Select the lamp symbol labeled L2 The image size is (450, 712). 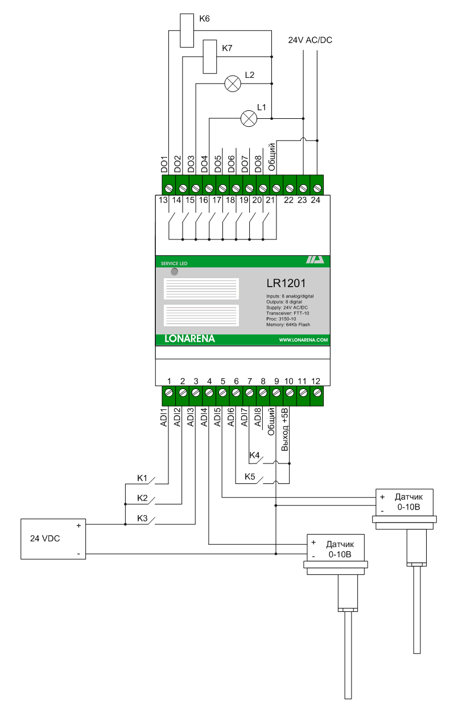[232, 84]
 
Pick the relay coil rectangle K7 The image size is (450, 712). [210, 56]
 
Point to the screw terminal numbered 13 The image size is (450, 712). [169, 188]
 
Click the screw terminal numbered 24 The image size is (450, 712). [316, 188]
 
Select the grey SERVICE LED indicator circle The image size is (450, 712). [174, 272]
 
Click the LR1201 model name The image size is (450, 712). [290, 283]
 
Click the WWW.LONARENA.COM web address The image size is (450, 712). [303, 340]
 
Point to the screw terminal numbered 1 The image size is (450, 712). [169, 392]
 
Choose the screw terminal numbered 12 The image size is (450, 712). [316, 392]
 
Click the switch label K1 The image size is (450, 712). [142, 478]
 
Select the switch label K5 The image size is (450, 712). [250, 477]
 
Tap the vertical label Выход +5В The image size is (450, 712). [286, 429]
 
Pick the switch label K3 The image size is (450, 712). [142, 518]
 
